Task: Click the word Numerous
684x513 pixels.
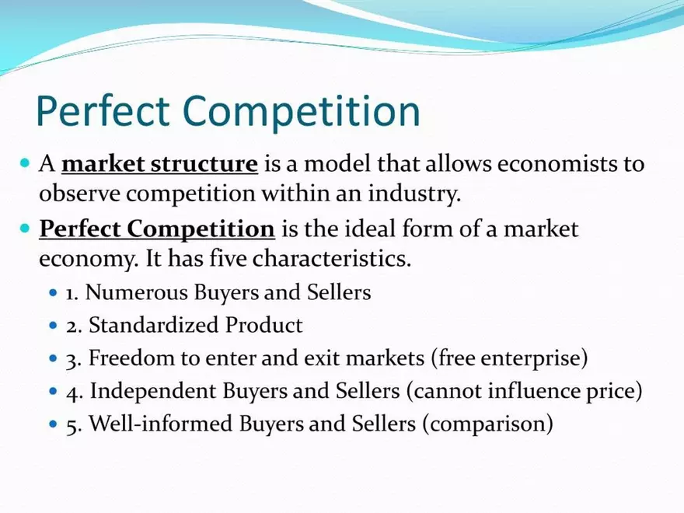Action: click(131, 293)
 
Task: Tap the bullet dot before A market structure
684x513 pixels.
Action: click(24, 164)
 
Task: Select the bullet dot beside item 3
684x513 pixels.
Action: click(53, 359)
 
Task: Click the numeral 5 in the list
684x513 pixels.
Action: click(71, 425)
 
